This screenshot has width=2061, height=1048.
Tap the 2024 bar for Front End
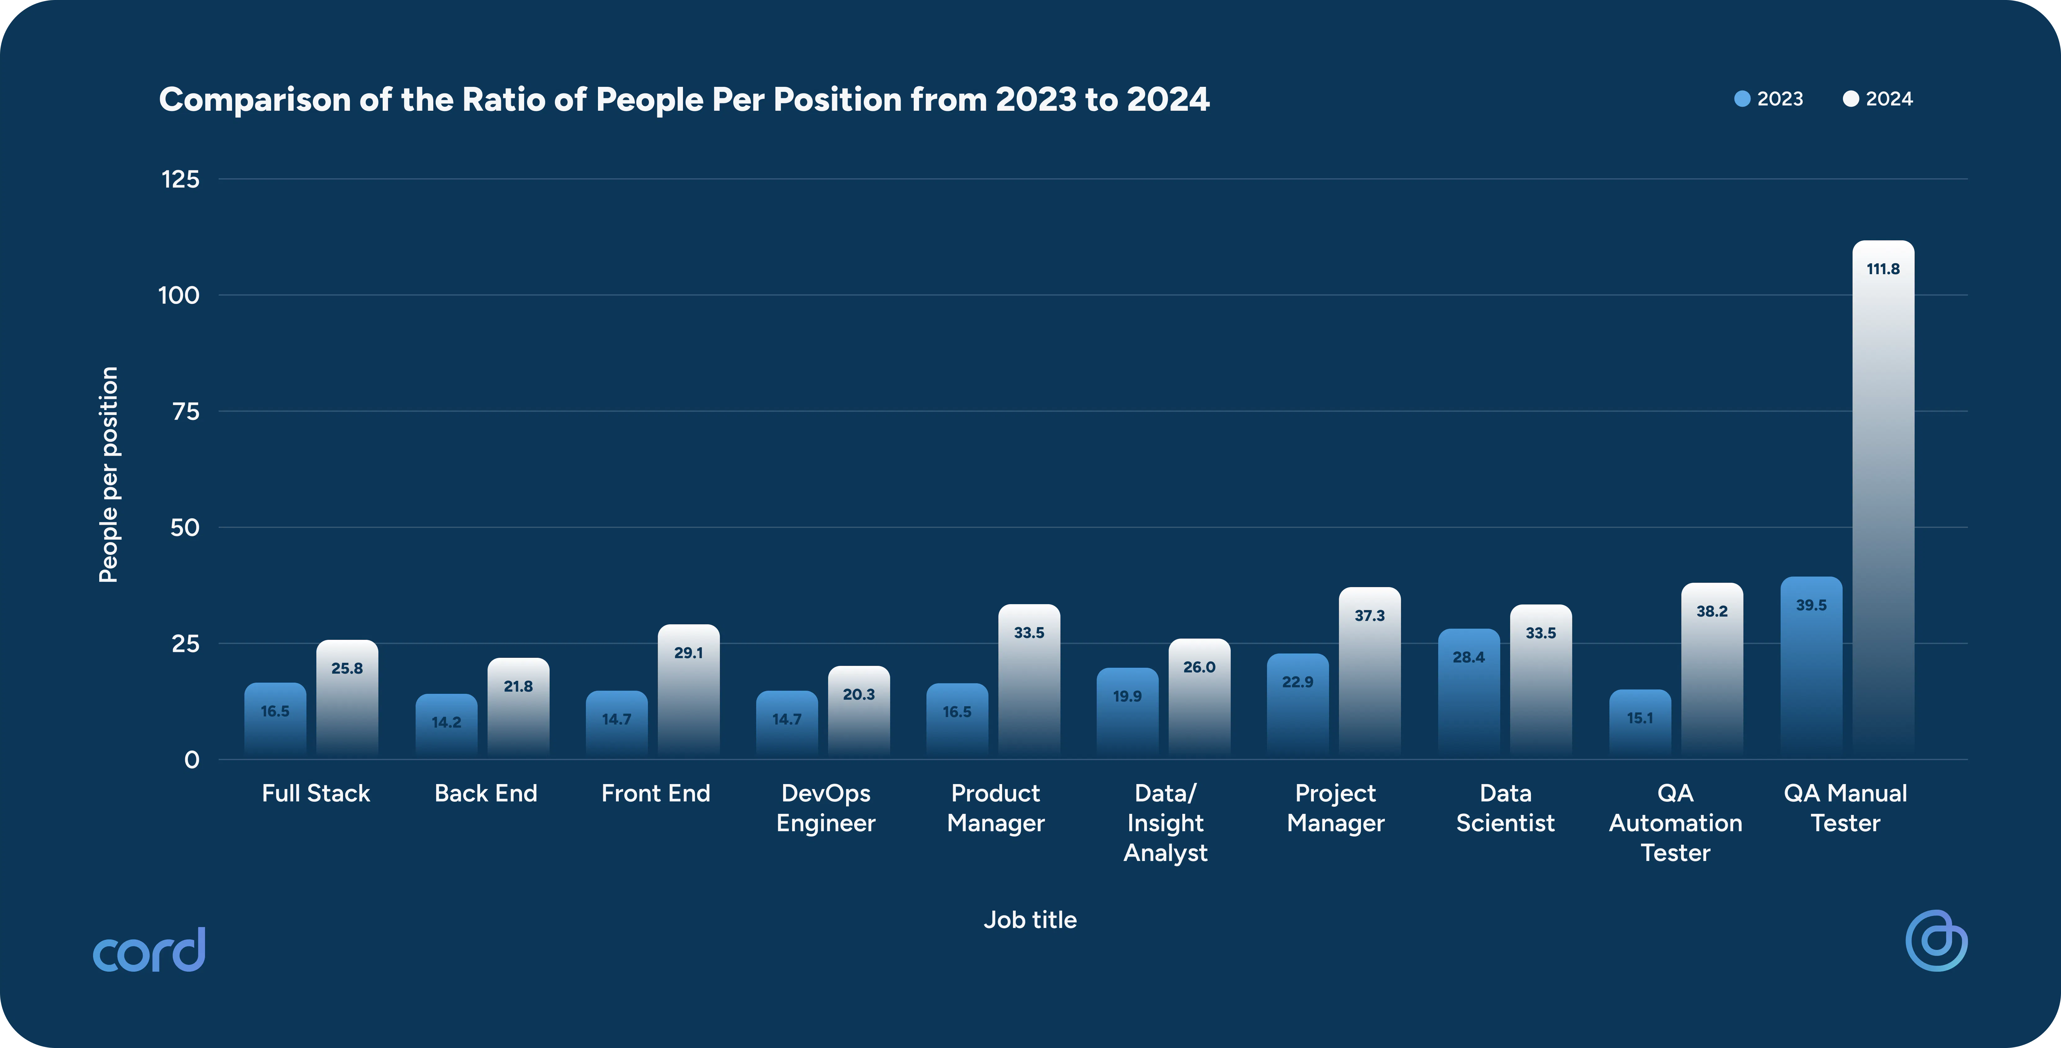point(688,691)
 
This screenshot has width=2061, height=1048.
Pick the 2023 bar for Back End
point(446,726)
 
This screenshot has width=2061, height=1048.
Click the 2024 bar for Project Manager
point(1370,673)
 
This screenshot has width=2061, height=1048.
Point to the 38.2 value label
point(1712,611)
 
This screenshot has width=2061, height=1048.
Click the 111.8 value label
point(1883,269)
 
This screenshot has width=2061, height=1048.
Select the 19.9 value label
point(1127,696)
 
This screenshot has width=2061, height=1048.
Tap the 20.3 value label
point(859,694)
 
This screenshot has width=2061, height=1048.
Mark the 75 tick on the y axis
point(185,411)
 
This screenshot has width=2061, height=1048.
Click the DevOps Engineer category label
point(826,808)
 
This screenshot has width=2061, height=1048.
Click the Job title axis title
point(1030,920)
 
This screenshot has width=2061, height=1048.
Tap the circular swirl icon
point(1936,941)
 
